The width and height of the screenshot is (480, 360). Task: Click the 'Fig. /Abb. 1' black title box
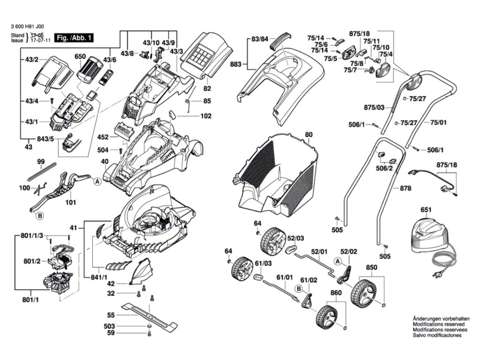[x=74, y=38]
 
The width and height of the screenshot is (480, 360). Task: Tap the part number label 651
[x=426, y=210]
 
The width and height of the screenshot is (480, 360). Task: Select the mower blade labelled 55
[x=150, y=316]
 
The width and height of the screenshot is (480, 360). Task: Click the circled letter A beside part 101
[x=97, y=182]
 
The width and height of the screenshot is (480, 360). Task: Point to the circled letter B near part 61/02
[x=299, y=289]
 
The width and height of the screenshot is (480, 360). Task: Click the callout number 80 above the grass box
[x=309, y=135]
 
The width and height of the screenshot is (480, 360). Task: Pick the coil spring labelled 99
[x=42, y=171]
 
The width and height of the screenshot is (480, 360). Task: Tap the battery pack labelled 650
[x=90, y=70]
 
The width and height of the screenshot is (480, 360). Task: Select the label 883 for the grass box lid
[x=236, y=64]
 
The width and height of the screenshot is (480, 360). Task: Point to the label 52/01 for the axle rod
[x=319, y=252]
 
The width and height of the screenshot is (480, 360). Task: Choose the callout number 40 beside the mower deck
[x=105, y=161]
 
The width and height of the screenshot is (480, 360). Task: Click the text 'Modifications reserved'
[x=438, y=324]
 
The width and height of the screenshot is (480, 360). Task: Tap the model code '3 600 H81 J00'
[x=27, y=27]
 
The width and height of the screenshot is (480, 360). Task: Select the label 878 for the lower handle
[x=405, y=188]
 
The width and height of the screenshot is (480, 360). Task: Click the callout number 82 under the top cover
[x=207, y=89]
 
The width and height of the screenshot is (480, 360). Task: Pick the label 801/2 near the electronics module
[x=32, y=262]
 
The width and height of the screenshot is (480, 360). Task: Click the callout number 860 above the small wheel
[x=336, y=293]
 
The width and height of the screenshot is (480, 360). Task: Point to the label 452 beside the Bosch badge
[x=103, y=137]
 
